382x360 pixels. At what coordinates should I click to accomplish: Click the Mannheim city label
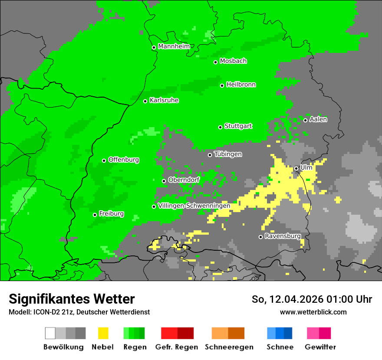pyautogui.click(x=174, y=46)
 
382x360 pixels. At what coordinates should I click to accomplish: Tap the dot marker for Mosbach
pyautogui.click(x=215, y=62)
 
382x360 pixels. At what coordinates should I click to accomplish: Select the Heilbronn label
pyautogui.click(x=241, y=85)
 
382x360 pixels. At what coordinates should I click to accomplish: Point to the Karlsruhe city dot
pyautogui.click(x=145, y=101)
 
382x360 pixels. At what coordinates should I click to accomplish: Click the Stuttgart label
pyautogui.click(x=238, y=126)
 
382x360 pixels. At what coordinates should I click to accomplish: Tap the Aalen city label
pyautogui.click(x=318, y=119)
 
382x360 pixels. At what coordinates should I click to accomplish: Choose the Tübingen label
pyautogui.click(x=228, y=154)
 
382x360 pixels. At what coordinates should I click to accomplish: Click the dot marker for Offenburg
pyautogui.click(x=104, y=160)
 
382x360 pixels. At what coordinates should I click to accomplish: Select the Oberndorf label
pyautogui.click(x=184, y=180)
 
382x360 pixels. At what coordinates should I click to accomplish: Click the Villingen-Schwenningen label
pyautogui.click(x=194, y=206)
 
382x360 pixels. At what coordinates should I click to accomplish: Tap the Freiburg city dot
pyautogui.click(x=95, y=215)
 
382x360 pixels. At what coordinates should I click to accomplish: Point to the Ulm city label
pyautogui.click(x=306, y=167)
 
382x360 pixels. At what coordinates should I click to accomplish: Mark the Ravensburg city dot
pyautogui.click(x=260, y=237)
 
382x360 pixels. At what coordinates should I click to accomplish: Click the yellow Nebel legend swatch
pyautogui.click(x=103, y=333)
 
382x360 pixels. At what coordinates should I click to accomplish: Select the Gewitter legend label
pyautogui.click(x=320, y=347)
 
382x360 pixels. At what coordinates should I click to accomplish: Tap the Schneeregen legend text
pyautogui.click(x=229, y=347)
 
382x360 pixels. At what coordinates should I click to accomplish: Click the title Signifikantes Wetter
pyautogui.click(x=72, y=299)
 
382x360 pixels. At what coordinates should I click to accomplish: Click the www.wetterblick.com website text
pyautogui.click(x=313, y=312)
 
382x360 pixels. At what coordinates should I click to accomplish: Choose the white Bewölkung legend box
pyautogui.click(x=50, y=333)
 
